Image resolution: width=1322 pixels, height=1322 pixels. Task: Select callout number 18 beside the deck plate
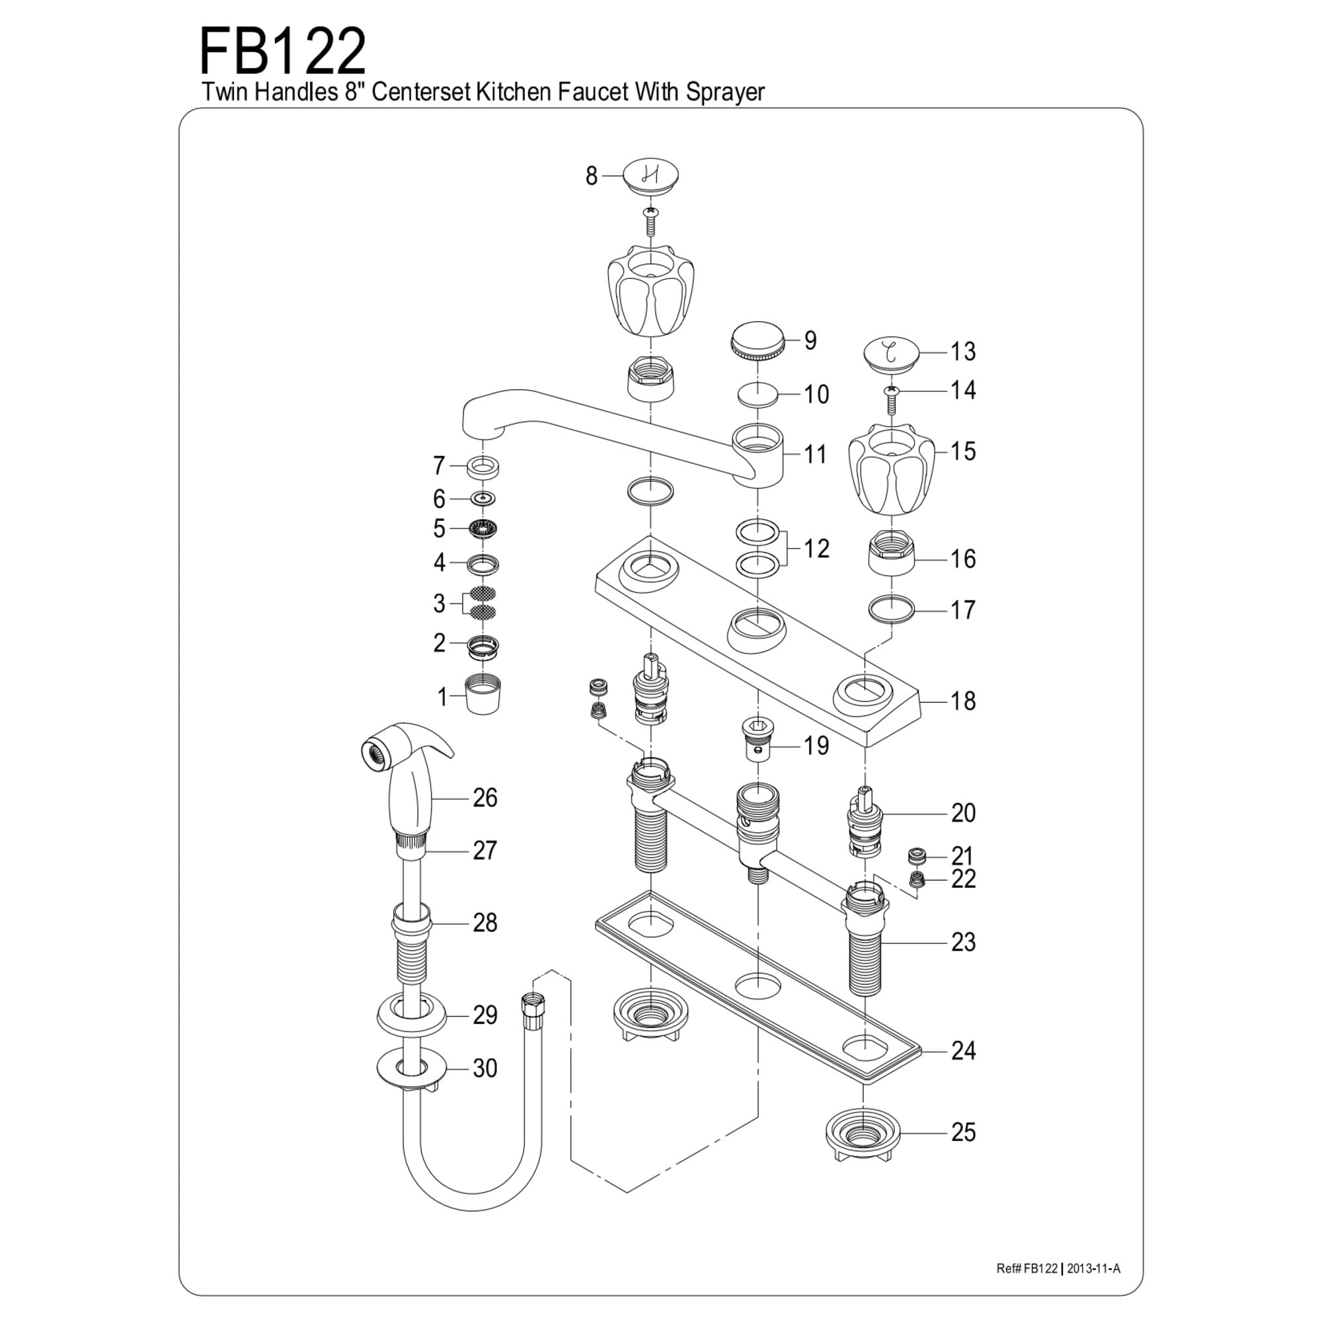pos(963,701)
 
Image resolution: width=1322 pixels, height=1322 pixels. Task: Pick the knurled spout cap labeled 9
pos(756,340)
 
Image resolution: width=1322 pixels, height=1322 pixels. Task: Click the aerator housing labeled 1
pos(483,695)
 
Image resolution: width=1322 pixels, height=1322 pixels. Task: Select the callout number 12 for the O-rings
pos(816,548)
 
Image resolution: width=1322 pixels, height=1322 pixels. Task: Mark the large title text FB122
pos(283,53)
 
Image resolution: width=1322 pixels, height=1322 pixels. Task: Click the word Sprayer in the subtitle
pos(724,92)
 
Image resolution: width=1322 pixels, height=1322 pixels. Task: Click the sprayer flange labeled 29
pos(411,1015)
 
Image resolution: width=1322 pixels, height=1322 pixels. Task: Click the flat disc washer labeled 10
pos(758,395)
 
